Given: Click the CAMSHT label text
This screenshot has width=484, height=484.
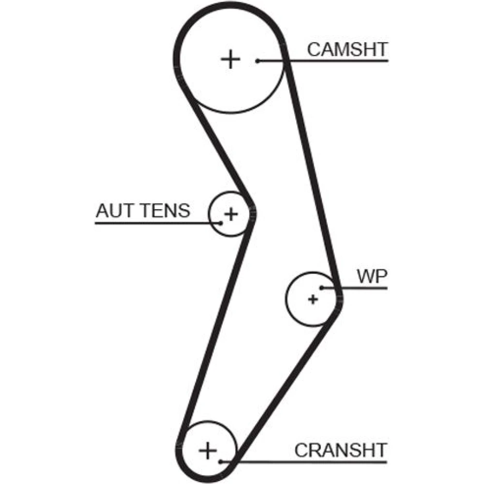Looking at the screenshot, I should pyautogui.click(x=348, y=49).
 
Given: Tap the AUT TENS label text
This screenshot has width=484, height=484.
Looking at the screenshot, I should pyautogui.click(x=143, y=211).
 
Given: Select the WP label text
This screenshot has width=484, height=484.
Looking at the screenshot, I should pyautogui.click(x=372, y=277).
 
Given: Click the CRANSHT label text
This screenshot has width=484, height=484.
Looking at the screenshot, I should pyautogui.click(x=341, y=450).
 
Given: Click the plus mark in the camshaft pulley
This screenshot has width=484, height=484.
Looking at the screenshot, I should pyautogui.click(x=231, y=60).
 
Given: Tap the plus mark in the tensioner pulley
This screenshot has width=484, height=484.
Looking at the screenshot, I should pyautogui.click(x=231, y=213).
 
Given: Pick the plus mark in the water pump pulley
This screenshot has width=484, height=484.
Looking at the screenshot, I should pyautogui.click(x=313, y=300).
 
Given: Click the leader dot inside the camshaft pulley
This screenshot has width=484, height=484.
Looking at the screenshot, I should pyautogui.click(x=258, y=61).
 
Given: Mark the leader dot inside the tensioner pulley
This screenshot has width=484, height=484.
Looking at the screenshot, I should pyautogui.click(x=220, y=223).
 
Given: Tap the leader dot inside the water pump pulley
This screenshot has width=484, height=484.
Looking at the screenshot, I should pyautogui.click(x=321, y=288).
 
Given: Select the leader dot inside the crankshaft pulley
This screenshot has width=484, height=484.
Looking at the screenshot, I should pyautogui.click(x=221, y=462).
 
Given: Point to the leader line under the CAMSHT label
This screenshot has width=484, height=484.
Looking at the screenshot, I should pyautogui.click(x=339, y=61).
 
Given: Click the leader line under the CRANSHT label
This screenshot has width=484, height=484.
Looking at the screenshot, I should pyautogui.click(x=329, y=462).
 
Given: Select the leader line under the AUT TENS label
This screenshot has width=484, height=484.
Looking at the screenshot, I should pyautogui.click(x=145, y=223).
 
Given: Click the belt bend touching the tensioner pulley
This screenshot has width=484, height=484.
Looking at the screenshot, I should pyautogui.click(x=251, y=213).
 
